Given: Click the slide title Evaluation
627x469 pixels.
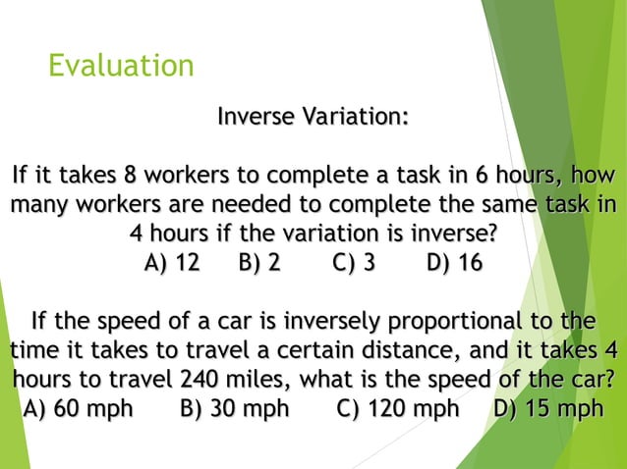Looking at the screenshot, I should pos(121,66).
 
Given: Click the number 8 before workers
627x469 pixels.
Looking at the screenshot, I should pos(130,177).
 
